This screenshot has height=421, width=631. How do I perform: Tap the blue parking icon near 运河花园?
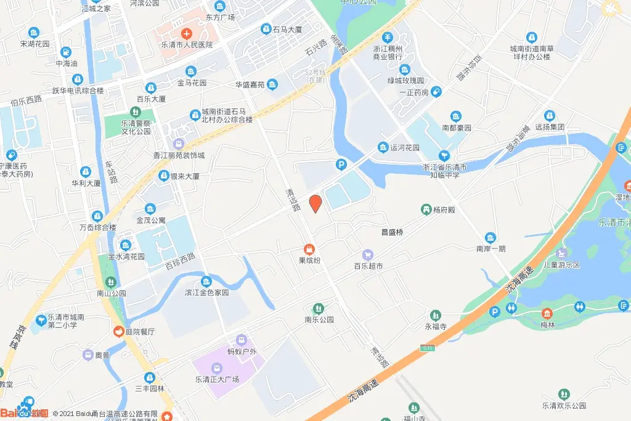pos(340,165)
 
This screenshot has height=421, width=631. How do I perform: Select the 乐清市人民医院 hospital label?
pos(187,45)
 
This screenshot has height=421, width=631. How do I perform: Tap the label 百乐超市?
pos(368,266)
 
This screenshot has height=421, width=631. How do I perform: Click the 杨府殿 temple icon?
pos(426,210)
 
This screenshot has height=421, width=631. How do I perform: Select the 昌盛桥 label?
pos(392,232)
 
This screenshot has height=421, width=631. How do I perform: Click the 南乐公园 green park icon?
pos(318,308)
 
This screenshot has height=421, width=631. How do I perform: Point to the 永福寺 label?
pos(435,327)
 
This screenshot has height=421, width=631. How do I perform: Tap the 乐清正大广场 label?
pos(216,379)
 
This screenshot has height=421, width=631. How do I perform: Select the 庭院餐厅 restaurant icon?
pos(116,332)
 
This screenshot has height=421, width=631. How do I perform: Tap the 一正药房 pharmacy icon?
pos(436,92)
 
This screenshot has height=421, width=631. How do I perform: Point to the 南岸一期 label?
pos(491,250)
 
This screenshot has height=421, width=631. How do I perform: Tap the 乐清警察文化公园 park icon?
pos(135,112)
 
